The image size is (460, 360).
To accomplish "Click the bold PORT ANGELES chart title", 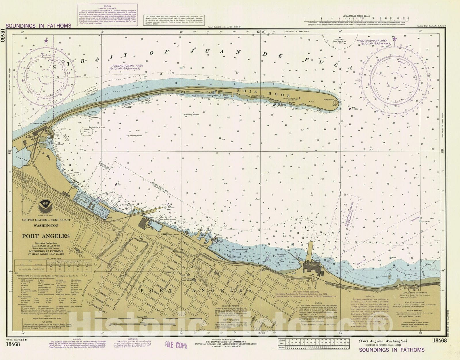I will click(x=46, y=236).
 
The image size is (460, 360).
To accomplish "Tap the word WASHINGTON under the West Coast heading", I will click(x=46, y=225).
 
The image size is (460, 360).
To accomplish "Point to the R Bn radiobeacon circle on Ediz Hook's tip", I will click(x=335, y=103).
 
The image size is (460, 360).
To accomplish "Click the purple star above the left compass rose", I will click(x=46, y=41).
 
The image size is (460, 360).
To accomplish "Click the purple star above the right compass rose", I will click(x=394, y=39).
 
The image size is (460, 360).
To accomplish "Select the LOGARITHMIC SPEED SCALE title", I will click(x=356, y=16).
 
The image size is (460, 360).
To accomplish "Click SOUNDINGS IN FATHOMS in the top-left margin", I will click(x=38, y=26).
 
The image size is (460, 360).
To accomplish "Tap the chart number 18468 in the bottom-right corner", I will click(x=440, y=341).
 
